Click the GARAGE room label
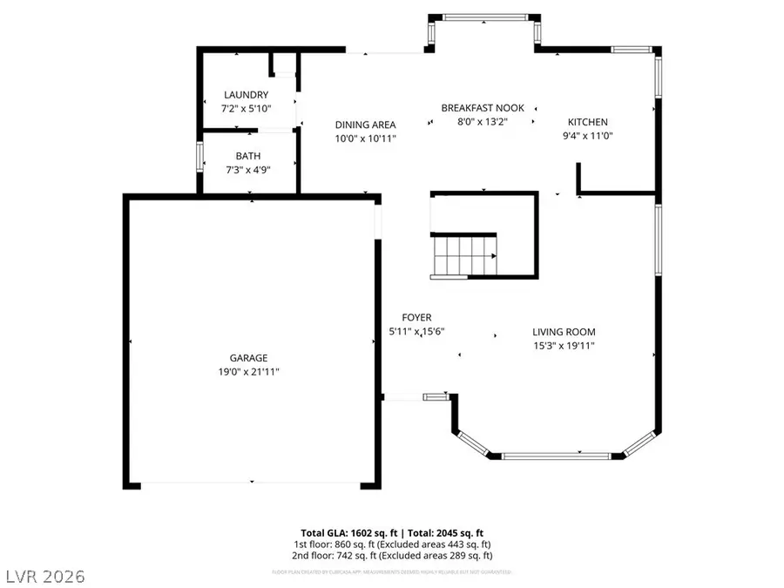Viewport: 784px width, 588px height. pyautogui.click(x=248, y=358)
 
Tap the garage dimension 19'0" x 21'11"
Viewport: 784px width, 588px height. pyautogui.click(x=248, y=372)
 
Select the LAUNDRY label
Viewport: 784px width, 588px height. pyautogui.click(x=246, y=95)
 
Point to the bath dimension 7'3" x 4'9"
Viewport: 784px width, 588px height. pyautogui.click(x=247, y=171)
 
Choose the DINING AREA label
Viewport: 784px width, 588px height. pyautogui.click(x=366, y=125)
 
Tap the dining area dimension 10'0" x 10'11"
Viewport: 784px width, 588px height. pyautogui.click(x=366, y=139)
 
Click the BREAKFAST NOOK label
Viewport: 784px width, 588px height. pyautogui.click(x=483, y=108)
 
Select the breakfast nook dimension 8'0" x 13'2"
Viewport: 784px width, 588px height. pyautogui.click(x=483, y=122)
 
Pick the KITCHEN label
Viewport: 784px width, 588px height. pyautogui.click(x=588, y=122)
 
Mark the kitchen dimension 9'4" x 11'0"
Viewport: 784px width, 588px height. pyautogui.click(x=588, y=136)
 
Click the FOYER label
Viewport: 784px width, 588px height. pyautogui.click(x=416, y=318)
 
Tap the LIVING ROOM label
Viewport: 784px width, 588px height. pyautogui.click(x=564, y=332)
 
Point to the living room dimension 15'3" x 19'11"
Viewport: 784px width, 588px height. pyautogui.click(x=564, y=346)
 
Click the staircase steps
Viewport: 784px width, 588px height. pyautogui.click(x=464, y=256)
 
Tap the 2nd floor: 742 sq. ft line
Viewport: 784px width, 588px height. pyautogui.click(x=392, y=556)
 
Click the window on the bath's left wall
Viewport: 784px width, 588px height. pyautogui.click(x=199, y=159)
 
